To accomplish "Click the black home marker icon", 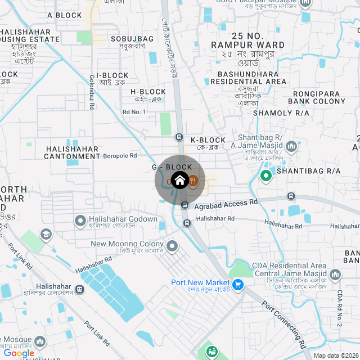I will (x=179, y=180).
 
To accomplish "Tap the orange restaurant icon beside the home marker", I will (x=193, y=181).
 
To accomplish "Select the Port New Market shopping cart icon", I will (x=237, y=285).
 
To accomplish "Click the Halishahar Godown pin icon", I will (x=80, y=220).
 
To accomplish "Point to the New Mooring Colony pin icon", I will (x=172, y=245).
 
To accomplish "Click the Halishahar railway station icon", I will (x=80, y=290).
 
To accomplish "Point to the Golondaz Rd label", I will (x=92, y=93).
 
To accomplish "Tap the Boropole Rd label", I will (x=120, y=155).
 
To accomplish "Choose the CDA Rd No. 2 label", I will (x=340, y=309).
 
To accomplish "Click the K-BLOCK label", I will (x=208, y=140).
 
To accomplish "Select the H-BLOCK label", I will (x=148, y=92).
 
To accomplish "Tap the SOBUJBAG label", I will (x=132, y=38).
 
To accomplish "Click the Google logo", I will (x=19, y=353).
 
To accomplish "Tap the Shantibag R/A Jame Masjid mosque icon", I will (x=291, y=147).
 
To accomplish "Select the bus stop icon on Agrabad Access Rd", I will (x=291, y=196).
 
